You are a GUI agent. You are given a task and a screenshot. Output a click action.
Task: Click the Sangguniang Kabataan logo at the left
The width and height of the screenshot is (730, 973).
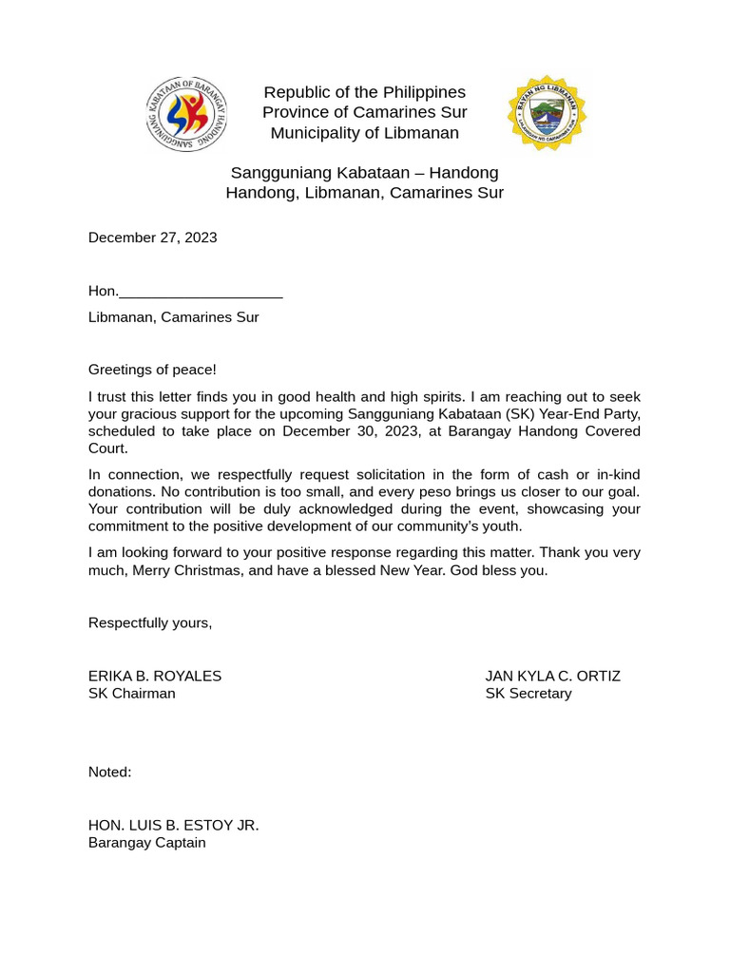[x=186, y=114]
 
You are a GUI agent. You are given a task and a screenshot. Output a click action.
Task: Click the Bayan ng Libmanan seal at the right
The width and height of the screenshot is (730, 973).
[x=547, y=114]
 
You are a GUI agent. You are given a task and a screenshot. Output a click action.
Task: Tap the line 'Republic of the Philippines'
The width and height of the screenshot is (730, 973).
[x=364, y=92]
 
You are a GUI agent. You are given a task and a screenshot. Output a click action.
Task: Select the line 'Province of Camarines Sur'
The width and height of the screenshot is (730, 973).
[x=364, y=112]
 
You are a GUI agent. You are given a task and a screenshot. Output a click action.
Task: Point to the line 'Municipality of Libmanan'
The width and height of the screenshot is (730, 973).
[x=364, y=133]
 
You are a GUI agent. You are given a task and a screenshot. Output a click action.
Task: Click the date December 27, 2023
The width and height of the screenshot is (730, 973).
[x=152, y=238]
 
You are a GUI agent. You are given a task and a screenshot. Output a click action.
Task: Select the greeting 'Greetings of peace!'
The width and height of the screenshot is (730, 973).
[x=152, y=370]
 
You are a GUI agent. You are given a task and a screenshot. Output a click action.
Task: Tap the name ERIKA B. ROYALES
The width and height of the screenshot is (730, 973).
[x=155, y=677]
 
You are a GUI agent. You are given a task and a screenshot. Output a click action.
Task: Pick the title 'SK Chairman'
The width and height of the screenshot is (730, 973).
[x=132, y=694]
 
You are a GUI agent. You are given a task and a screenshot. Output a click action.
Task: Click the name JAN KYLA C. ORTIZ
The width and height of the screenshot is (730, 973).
[x=552, y=677]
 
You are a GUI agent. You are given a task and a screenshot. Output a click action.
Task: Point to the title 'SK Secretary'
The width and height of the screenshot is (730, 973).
[x=528, y=694]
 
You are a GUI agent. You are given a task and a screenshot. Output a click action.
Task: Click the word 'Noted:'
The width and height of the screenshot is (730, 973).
[x=110, y=773]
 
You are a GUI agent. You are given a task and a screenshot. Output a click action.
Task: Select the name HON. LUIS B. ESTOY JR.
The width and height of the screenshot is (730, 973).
[x=173, y=826]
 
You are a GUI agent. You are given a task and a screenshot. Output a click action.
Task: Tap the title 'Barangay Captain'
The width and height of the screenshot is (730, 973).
[x=146, y=843]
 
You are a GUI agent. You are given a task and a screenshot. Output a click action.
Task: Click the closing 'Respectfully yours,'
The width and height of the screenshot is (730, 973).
[x=150, y=623]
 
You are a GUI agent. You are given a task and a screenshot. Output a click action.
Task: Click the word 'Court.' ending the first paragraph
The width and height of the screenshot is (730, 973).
[x=107, y=448]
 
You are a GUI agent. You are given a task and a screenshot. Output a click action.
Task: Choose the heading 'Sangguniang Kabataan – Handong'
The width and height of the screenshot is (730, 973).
[x=364, y=173]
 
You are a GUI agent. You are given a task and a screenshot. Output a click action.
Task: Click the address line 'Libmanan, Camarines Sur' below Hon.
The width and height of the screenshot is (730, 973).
[x=173, y=317]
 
